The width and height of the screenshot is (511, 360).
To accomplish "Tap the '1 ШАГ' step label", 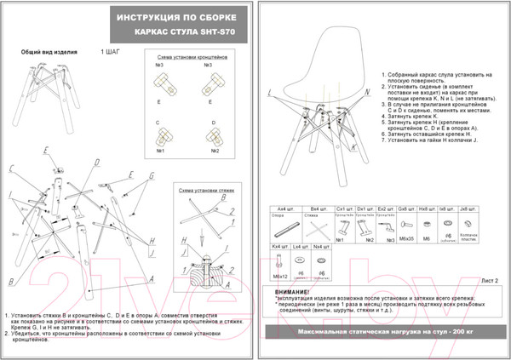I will tap(111, 52).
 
